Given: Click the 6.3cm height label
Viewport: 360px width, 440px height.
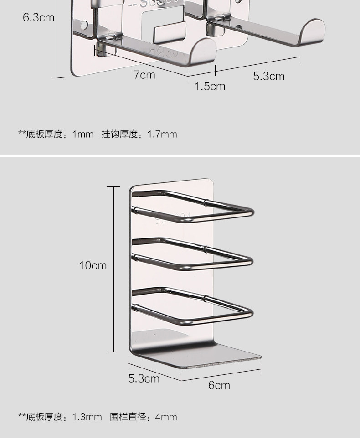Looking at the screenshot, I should pyautogui.click(x=38, y=18).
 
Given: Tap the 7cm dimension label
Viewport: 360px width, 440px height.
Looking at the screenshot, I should pyautogui.click(x=144, y=75).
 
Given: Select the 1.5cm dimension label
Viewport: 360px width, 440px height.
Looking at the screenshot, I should pyautogui.click(x=210, y=86).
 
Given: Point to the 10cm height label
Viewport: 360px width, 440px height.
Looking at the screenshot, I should pyautogui.click(x=93, y=265).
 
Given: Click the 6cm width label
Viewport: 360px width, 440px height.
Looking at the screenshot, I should pyautogui.click(x=219, y=385).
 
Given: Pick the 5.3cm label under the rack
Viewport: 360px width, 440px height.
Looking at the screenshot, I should pyautogui.click(x=144, y=378).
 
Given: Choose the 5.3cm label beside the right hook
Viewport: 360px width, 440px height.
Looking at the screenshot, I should pyautogui.click(x=268, y=76).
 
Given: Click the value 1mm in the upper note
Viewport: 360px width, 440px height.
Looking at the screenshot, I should pyautogui.click(x=82, y=134).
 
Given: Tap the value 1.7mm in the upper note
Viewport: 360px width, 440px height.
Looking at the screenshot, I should pyautogui.click(x=162, y=134).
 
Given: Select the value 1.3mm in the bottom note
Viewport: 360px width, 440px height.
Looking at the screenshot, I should pyautogui.click(x=87, y=417).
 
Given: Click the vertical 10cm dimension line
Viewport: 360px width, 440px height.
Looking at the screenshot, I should pyautogui.click(x=113, y=269).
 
